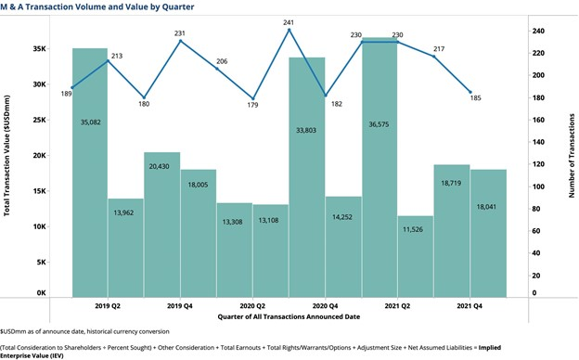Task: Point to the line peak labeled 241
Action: pyautogui.click(x=289, y=30)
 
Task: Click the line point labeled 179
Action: pyautogui.click(x=253, y=98)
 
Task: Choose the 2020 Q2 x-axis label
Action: pyautogui.click(x=253, y=304)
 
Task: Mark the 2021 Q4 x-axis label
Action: pyautogui.click(x=470, y=304)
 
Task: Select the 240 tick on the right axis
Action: pyautogui.click(x=538, y=31)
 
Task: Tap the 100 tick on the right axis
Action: pyautogui.click(x=538, y=186)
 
